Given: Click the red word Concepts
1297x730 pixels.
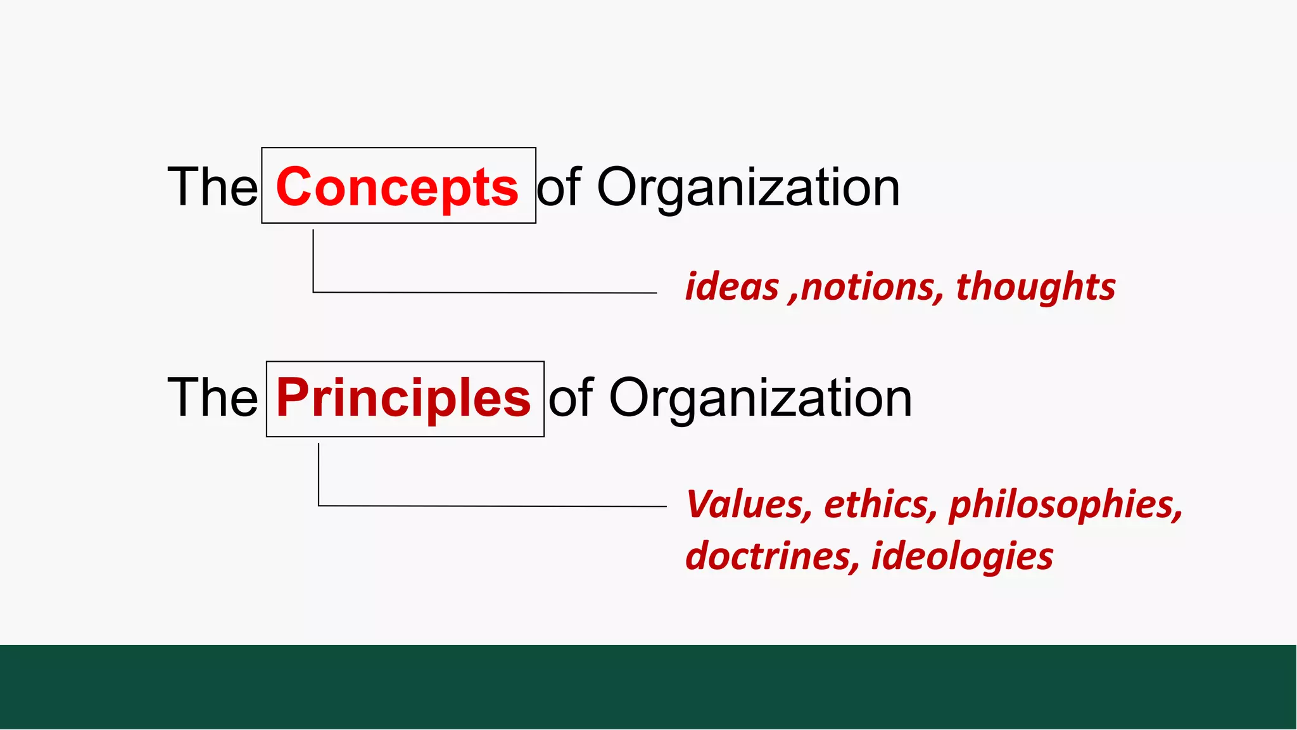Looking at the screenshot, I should (397, 188).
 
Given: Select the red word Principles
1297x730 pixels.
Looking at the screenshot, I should (403, 398).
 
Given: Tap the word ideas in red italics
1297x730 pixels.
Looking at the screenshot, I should (731, 287).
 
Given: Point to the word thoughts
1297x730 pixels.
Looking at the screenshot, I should (1035, 287).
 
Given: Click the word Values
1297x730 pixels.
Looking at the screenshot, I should (748, 504).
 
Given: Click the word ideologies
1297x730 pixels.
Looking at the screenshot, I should (962, 556).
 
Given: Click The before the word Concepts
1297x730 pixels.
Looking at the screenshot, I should (212, 188).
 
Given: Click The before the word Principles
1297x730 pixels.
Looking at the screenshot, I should (212, 398).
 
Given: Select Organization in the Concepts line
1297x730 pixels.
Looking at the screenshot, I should (748, 188).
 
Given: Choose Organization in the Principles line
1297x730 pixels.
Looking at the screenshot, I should (760, 398).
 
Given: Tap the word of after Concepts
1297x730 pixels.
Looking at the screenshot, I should (559, 188).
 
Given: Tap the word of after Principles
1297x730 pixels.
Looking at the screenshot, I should (571, 398).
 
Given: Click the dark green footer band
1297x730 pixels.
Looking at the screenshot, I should (648, 687).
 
